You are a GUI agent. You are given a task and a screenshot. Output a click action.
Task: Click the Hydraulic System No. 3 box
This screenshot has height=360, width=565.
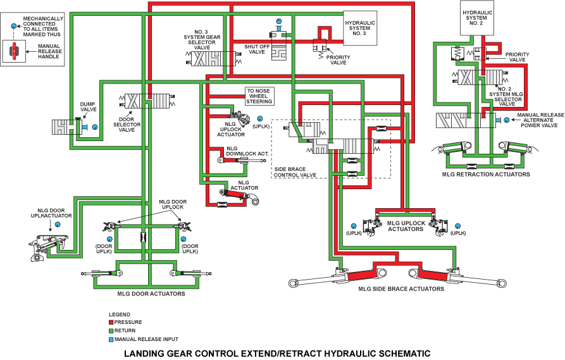click(x=360, y=28)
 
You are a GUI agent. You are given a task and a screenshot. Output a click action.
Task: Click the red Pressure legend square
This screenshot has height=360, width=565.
click(x=111, y=323)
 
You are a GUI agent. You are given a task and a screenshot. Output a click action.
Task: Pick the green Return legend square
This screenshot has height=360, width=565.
click(x=111, y=331)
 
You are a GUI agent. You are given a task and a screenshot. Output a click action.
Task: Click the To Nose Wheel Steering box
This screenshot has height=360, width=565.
click(x=259, y=96)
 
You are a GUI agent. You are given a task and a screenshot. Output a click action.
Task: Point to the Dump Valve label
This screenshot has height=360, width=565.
click(x=88, y=106)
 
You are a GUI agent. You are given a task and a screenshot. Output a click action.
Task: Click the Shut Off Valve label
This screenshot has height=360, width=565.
click(x=256, y=49)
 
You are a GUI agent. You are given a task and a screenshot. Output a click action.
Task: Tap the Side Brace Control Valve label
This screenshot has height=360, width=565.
click(x=295, y=172)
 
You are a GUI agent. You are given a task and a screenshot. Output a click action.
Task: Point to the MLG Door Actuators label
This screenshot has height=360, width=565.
click(x=151, y=294)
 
